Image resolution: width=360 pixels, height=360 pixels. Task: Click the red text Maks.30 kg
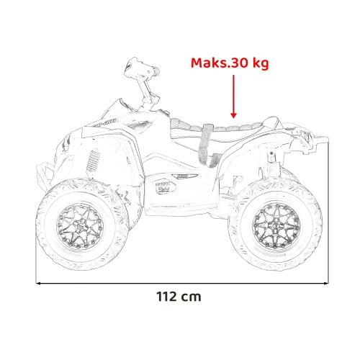click(229, 63)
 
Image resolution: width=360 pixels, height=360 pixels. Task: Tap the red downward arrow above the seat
click(233, 98)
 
